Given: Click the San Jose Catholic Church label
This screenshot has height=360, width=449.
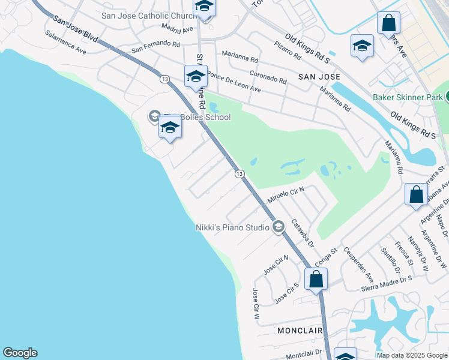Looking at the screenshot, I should (146, 16).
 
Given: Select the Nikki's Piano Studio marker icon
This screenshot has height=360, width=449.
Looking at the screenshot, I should (278, 227).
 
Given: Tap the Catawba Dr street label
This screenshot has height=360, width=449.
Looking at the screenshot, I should (303, 233).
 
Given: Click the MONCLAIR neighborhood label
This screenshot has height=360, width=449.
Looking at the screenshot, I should (300, 331).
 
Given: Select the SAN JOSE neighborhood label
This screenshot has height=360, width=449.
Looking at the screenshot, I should (319, 77).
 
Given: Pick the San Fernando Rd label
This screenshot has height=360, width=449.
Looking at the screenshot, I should (156, 45).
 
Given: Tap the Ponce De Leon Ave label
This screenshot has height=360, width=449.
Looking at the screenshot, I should (234, 82).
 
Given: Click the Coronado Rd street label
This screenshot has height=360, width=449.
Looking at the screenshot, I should (268, 77).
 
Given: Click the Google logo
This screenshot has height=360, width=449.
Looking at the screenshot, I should (20, 353).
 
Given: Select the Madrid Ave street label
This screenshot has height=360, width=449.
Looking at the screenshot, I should (177, 28).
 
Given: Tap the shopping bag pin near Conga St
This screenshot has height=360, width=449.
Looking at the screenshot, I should (316, 279).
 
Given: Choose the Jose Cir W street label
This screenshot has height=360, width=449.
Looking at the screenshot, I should (256, 304).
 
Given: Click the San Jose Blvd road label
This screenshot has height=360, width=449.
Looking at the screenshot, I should (75, 28).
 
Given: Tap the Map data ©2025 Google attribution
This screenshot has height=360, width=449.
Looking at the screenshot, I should (412, 355).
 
